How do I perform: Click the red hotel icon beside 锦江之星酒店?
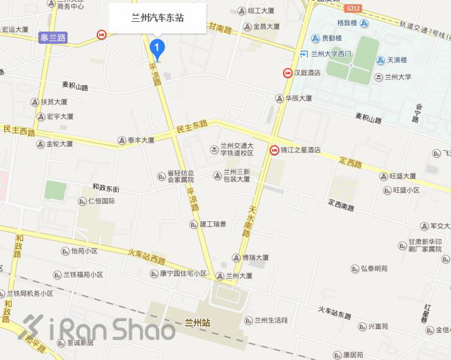pos(275,150)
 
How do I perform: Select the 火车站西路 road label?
pos(147,256)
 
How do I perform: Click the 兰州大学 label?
pos(398,77)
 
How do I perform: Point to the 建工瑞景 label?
pos(213,223)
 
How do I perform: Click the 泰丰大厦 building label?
pos(141,140)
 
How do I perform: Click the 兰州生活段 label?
pos(271,320)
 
